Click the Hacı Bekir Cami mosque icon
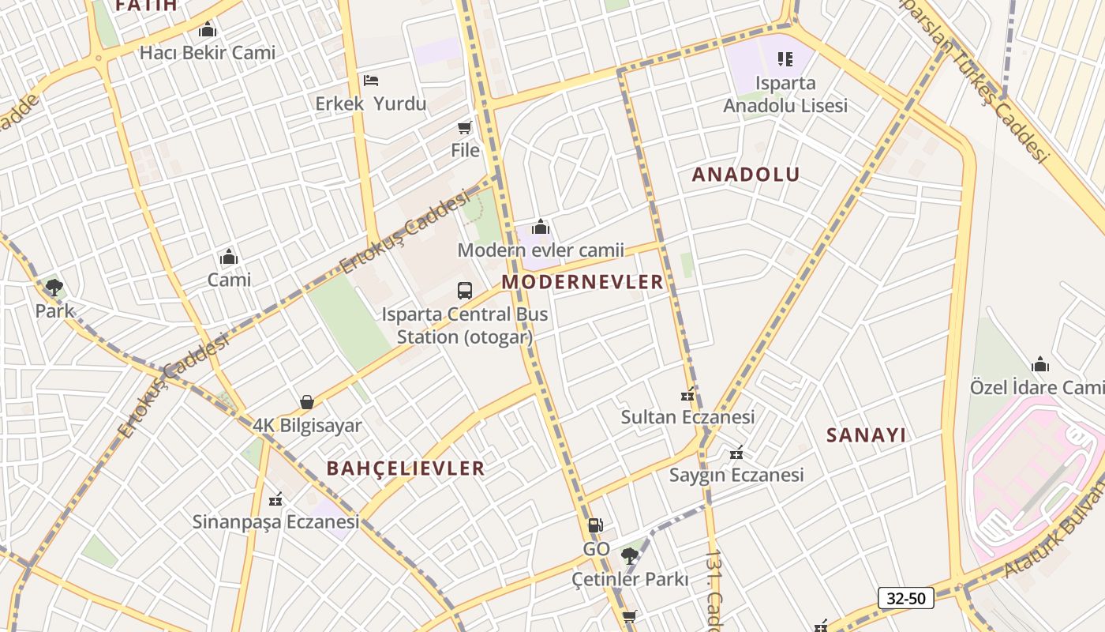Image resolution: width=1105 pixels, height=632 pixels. tap(208, 30)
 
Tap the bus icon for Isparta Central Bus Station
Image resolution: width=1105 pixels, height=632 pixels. tap(465, 290)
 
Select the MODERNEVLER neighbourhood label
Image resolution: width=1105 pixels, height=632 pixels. tap(582, 282)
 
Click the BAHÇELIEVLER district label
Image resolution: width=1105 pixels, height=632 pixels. tap(406, 468)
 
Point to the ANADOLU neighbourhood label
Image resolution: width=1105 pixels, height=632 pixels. tap(746, 175)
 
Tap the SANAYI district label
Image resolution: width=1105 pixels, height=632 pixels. tap(866, 435)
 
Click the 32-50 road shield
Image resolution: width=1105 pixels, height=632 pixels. tap(905, 598)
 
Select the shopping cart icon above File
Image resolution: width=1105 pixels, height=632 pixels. tap(465, 127)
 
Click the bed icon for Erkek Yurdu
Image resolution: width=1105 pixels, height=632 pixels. tap(371, 81)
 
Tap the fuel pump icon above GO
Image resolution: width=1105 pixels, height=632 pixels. tap(596, 525)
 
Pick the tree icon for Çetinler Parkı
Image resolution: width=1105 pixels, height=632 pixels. tap(629, 556)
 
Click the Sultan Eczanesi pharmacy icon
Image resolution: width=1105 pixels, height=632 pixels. tap(687, 394)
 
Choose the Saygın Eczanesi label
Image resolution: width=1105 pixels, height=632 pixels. tap(736, 475)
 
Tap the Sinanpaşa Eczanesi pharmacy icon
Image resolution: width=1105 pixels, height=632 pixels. tap(275, 499)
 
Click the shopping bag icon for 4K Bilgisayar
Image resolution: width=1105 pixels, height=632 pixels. tap(307, 402)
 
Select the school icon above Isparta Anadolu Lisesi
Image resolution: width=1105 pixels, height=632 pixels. tap(785, 58)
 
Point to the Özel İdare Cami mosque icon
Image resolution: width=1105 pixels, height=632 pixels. tap(1040, 364)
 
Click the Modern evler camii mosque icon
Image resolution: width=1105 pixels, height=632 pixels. tap(541, 228)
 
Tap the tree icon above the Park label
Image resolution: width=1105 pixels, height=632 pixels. tap(54, 287)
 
